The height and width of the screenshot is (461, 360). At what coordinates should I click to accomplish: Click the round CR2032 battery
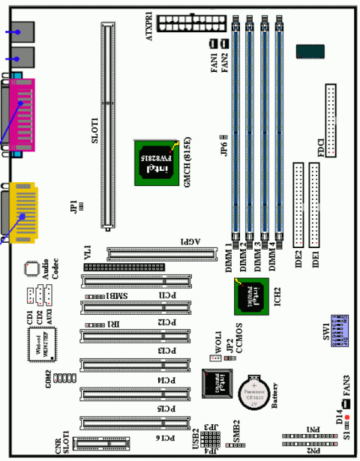[253, 391]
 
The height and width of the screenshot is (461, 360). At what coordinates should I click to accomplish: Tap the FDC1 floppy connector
[331, 120]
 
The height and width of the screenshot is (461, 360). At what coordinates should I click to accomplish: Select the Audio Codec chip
[31, 268]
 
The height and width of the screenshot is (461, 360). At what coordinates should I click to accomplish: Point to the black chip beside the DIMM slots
[310, 52]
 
